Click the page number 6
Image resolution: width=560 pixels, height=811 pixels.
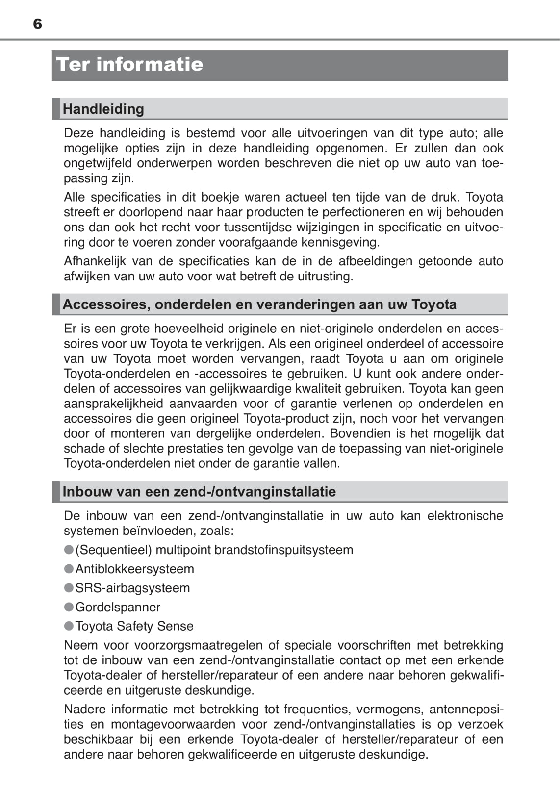[x=38, y=24]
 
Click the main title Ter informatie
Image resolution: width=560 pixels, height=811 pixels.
[x=129, y=65]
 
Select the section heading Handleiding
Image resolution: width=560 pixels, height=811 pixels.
[x=103, y=109]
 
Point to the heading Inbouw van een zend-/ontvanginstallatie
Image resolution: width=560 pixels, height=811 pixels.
[x=199, y=492]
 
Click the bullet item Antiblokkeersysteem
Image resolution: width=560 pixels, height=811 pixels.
[x=134, y=569]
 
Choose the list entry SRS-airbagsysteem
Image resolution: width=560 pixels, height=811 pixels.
[x=132, y=588]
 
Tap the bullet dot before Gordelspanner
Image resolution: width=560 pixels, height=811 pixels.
[x=69, y=607]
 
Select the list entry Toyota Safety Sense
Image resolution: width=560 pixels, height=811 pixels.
[x=134, y=626]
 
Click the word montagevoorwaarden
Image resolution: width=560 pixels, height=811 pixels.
[x=173, y=724]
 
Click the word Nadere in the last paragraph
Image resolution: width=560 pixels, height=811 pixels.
[x=84, y=709]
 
